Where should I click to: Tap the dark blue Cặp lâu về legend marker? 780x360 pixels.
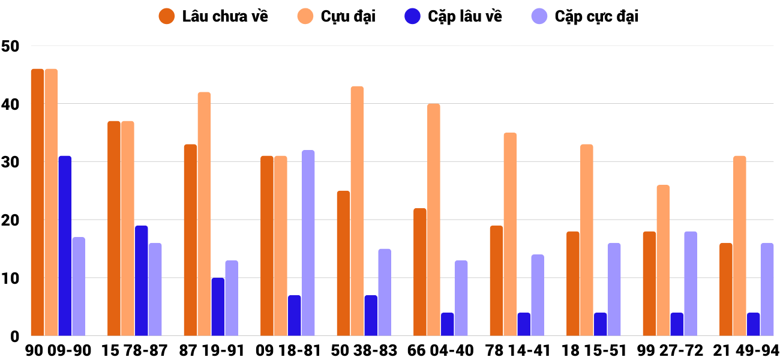(412, 16)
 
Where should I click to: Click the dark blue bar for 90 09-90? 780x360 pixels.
(65, 246)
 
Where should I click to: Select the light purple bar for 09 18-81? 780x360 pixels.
(308, 243)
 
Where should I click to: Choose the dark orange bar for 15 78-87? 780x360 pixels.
(114, 229)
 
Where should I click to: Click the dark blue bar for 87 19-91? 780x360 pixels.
(218, 307)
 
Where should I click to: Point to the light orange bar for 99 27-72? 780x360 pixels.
(663, 260)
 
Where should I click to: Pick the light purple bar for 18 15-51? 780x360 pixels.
(614, 289)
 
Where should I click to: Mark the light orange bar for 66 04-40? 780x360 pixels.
(434, 220)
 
